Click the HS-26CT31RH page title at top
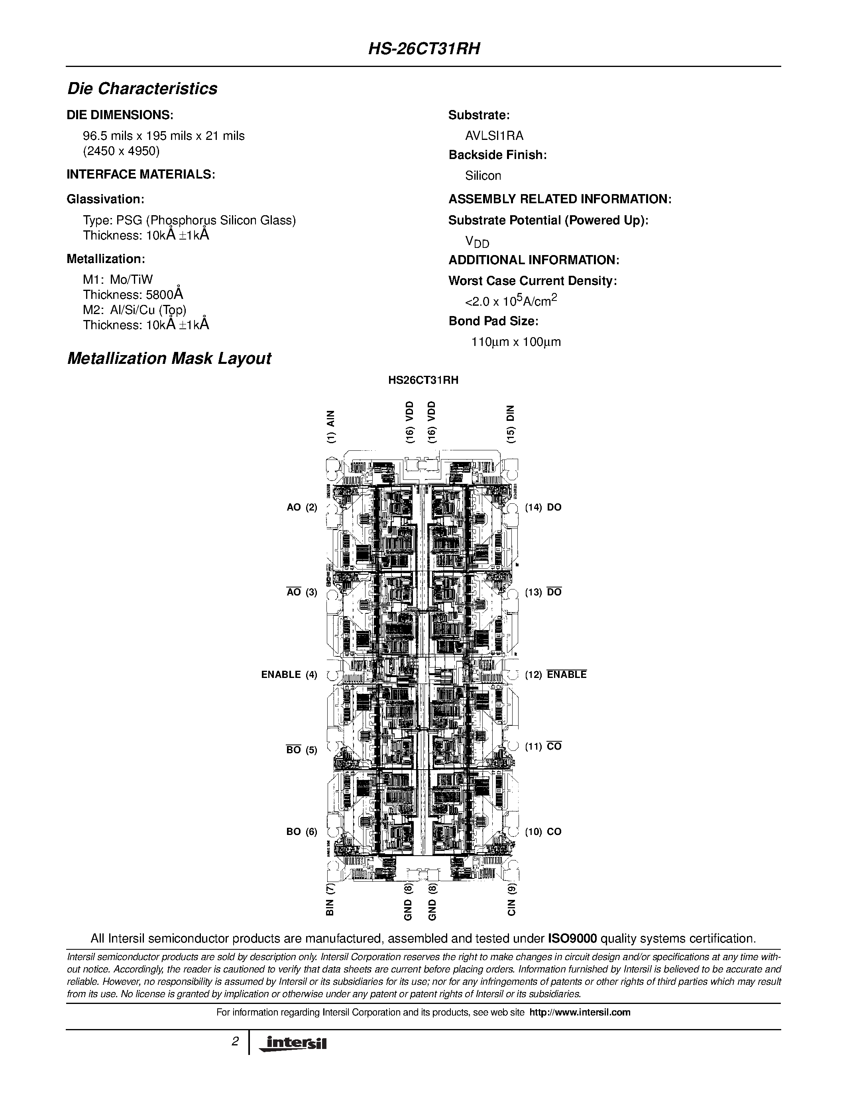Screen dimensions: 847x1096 pos(424,49)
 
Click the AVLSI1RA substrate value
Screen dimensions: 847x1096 pos(494,136)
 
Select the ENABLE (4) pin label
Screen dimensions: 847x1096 pos(289,674)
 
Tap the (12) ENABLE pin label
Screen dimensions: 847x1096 pos(556,674)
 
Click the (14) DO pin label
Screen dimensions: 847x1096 pos(543,507)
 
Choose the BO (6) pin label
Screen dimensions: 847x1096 pos(302,831)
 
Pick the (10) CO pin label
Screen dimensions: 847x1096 pos(543,831)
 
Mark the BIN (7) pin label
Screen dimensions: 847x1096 pos(330,899)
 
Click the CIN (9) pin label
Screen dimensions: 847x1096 pos(511,899)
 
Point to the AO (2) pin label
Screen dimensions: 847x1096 pos(302,507)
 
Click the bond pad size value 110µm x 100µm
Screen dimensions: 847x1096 pos(516,342)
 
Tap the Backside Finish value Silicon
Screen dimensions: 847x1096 pos(483,176)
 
